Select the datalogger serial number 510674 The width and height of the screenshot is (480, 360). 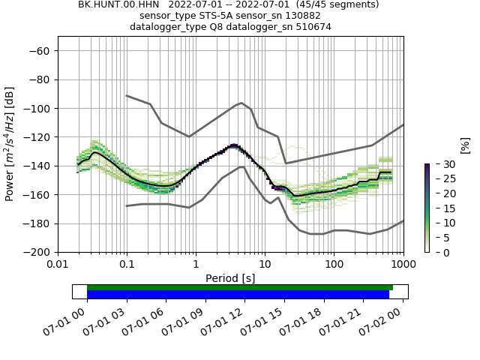click(x=310, y=27)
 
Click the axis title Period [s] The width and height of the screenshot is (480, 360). click(x=230, y=278)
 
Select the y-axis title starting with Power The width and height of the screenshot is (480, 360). click(x=10, y=145)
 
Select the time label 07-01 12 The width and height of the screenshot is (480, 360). click(x=226, y=319)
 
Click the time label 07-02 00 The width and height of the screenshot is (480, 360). click(x=385, y=319)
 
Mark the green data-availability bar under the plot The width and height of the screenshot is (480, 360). click(x=240, y=287)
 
